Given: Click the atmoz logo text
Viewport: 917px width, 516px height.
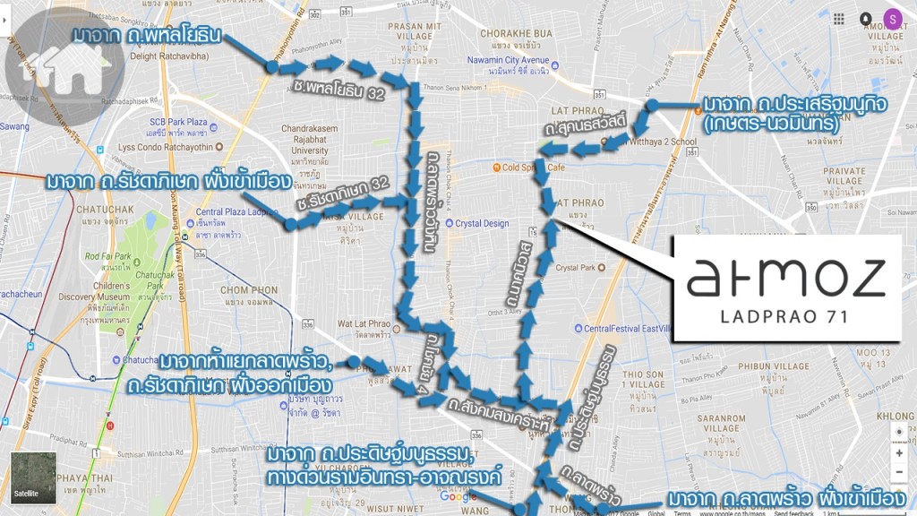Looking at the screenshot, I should pyautogui.click(x=786, y=278).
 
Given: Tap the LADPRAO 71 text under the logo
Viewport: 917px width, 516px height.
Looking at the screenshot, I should pyautogui.click(x=785, y=316).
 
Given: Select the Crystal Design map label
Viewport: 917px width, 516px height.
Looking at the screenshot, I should pyautogui.click(x=482, y=224).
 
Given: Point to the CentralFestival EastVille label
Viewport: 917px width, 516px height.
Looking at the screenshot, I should pyautogui.click(x=627, y=328).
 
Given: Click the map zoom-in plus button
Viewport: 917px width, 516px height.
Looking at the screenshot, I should pyautogui.click(x=898, y=453).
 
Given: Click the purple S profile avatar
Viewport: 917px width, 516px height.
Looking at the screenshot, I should pyautogui.click(x=892, y=18).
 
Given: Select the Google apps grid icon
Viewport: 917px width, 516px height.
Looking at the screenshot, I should pyautogui.click(x=838, y=19).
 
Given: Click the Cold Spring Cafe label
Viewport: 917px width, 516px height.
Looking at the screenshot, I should pyautogui.click(x=534, y=167).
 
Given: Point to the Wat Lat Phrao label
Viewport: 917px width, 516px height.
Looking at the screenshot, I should pyautogui.click(x=363, y=326).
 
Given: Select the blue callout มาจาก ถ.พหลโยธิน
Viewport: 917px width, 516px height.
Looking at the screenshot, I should pyautogui.click(x=147, y=37).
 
